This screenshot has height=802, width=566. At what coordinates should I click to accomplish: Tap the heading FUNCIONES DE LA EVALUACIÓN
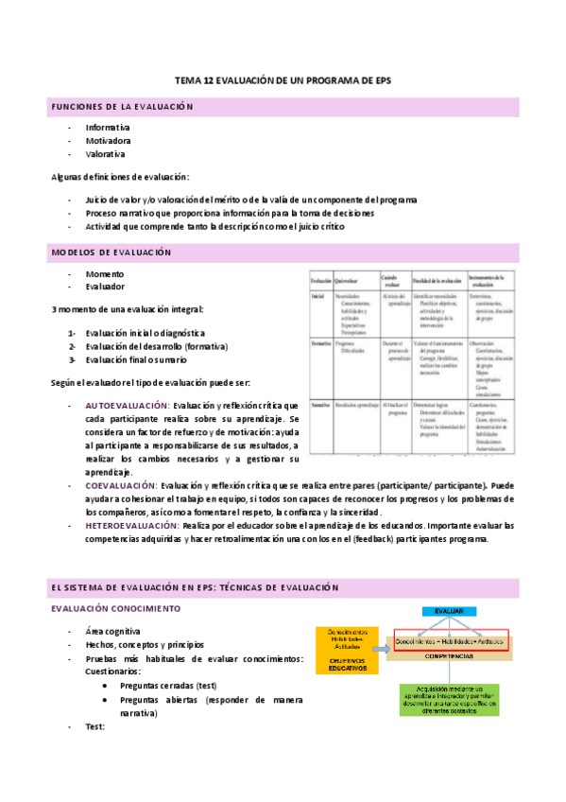tap(122, 107)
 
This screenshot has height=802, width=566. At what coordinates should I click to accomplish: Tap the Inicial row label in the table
tap(318, 297)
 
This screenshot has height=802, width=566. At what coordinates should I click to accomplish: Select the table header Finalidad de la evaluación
tap(436, 281)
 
